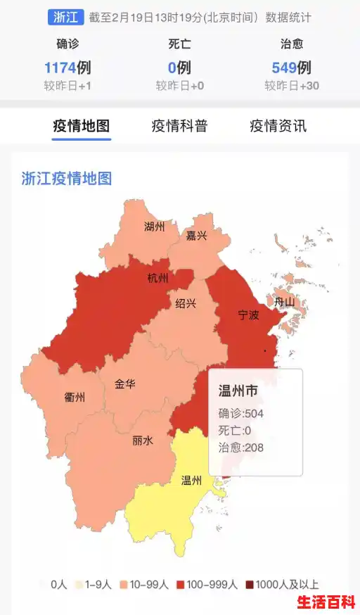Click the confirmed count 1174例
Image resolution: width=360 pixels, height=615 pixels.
point(67,68)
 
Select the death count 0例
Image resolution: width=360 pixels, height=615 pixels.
point(179,68)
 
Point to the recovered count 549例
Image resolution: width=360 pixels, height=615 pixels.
point(291,68)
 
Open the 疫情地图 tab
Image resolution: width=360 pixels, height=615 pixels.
point(82,127)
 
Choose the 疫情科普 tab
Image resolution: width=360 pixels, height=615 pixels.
point(179,127)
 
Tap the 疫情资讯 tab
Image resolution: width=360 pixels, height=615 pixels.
point(278,127)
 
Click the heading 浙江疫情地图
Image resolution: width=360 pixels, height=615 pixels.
point(67,178)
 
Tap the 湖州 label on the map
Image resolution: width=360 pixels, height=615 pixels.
point(154,227)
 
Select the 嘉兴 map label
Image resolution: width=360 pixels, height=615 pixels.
point(196,236)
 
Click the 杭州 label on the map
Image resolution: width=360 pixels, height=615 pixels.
point(157,278)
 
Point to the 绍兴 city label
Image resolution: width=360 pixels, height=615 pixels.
point(186,303)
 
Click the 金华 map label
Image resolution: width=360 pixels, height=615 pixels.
point(125,384)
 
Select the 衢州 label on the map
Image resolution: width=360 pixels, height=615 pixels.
point(75,398)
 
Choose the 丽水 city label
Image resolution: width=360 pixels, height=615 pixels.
point(143,440)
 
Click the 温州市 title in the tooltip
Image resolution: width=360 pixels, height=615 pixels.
point(238,391)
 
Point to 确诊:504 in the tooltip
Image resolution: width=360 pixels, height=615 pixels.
point(240,414)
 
